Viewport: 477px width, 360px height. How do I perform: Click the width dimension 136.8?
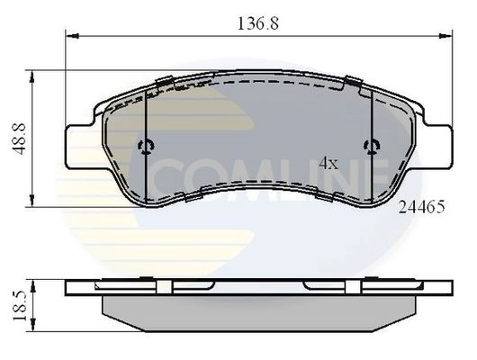click(x=258, y=23)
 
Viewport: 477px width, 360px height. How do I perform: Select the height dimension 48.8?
click(x=19, y=139)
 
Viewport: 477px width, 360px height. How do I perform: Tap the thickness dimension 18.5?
click(x=20, y=305)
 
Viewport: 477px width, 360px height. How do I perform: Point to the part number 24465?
click(x=421, y=207)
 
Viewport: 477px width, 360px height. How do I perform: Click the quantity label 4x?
click(x=328, y=164)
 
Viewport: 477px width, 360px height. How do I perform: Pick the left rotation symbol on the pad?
click(x=147, y=147)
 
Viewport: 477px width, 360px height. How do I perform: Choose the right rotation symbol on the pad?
click(x=372, y=147)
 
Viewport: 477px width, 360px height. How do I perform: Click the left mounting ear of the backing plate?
click(x=80, y=147)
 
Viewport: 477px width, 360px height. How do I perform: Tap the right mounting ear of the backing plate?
click(x=438, y=147)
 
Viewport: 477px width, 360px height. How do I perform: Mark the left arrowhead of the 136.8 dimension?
click(x=72, y=36)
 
